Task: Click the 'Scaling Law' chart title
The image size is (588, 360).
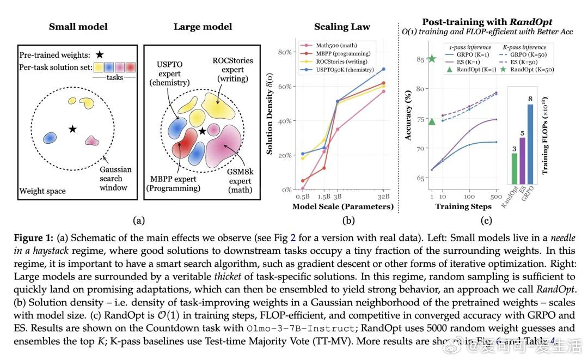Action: (x=342, y=27)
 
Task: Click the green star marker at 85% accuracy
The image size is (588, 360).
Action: (x=432, y=59)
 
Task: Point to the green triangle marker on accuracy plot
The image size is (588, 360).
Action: (x=432, y=121)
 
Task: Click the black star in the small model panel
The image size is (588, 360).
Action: (x=72, y=129)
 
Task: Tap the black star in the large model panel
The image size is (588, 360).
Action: (x=202, y=131)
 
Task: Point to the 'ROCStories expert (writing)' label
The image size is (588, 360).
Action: (x=232, y=70)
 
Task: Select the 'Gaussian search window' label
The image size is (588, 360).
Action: (x=113, y=179)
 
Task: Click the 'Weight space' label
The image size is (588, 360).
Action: (x=42, y=191)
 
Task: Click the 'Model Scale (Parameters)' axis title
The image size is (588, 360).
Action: (x=342, y=206)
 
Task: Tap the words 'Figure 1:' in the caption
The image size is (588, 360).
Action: (x=33, y=239)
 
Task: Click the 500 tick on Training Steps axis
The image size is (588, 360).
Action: (x=496, y=196)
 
